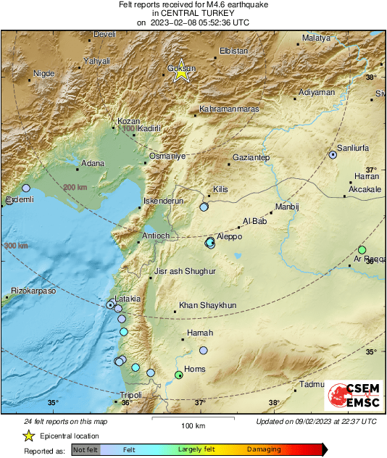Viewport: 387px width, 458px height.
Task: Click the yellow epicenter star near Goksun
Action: tap(182, 72)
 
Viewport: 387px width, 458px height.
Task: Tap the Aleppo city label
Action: tap(229, 237)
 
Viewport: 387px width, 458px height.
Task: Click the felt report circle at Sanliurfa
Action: tap(333, 154)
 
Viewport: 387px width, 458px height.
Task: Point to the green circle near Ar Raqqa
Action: tap(362, 250)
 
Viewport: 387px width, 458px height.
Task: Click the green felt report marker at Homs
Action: tap(179, 375)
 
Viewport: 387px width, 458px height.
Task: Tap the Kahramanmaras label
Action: tap(228, 110)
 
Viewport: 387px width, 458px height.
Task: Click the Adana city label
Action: tap(91, 163)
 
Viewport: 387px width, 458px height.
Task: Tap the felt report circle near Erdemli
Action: tap(26, 188)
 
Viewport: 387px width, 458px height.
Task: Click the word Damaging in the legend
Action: tap(264, 450)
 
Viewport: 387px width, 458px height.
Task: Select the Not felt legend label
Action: tap(86, 450)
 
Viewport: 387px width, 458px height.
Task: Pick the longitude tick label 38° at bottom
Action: tap(274, 403)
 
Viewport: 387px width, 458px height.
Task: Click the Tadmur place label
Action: tap(312, 384)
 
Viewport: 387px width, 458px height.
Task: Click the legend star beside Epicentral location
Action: tap(28, 436)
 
